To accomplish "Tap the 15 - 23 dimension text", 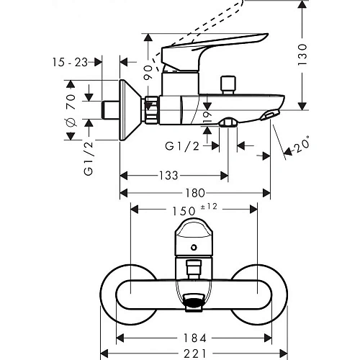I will [72, 63].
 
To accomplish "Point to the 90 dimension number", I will [149, 72].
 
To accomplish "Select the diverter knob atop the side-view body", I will [231, 83].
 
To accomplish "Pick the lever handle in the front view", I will [193, 237].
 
